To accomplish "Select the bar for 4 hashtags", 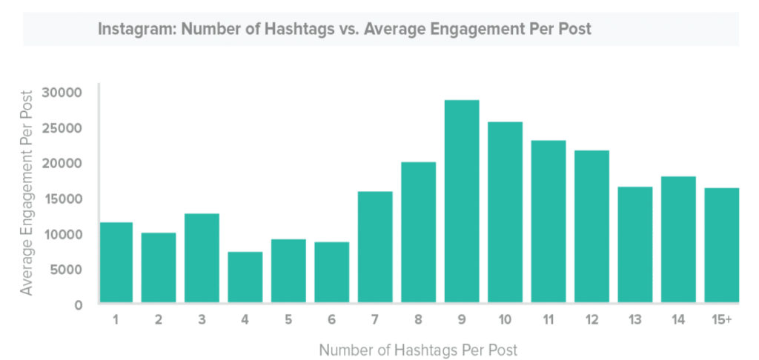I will click(x=245, y=277).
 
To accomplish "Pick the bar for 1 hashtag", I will click(x=116, y=262).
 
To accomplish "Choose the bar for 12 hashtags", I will click(x=591, y=226).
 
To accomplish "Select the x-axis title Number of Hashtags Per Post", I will click(x=418, y=349).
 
